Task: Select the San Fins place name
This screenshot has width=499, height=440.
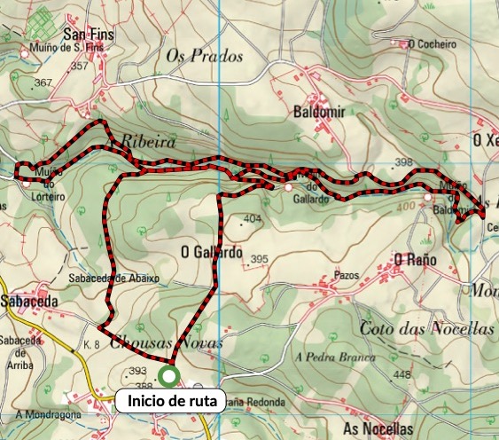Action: (x=83, y=36)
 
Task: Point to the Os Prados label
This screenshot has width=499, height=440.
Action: (x=204, y=56)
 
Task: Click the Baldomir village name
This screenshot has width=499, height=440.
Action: (x=317, y=113)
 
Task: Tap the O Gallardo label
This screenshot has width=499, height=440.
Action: (x=211, y=252)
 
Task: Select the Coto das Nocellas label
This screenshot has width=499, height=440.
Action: (x=426, y=328)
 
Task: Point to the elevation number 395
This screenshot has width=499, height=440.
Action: (x=259, y=259)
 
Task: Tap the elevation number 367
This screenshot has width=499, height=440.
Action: (x=43, y=82)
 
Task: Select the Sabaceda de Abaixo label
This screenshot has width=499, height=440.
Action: (x=114, y=278)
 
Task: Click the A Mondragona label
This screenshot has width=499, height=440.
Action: (x=48, y=414)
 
